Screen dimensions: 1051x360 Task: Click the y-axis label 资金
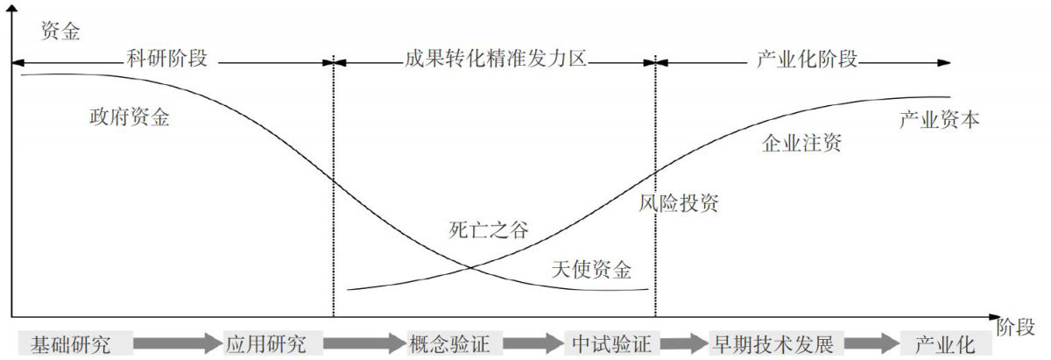pyautogui.click(x=60, y=32)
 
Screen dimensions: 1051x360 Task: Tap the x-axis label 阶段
pyautogui.click(x=1015, y=327)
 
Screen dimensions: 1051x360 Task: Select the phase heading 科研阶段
pyautogui.click(x=166, y=60)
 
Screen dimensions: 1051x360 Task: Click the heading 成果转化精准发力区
pyautogui.click(x=496, y=60)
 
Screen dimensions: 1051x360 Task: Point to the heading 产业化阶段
pyautogui.click(x=807, y=60)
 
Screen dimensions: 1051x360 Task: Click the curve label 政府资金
pyautogui.click(x=130, y=116)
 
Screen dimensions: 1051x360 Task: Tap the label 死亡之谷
pyautogui.click(x=489, y=229)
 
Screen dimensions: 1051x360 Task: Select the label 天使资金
pyautogui.click(x=591, y=270)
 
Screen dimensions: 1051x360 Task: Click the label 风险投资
pyautogui.click(x=679, y=203)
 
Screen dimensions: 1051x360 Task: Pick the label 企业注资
pyautogui.click(x=801, y=143)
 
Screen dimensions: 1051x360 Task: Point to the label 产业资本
pyautogui.click(x=939, y=120)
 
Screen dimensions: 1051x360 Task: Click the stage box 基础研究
pyautogui.click(x=75, y=343)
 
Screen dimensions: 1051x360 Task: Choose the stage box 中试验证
pyautogui.click(x=612, y=343)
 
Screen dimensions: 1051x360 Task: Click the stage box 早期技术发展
pyautogui.click(x=776, y=343)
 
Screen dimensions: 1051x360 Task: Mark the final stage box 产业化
pyautogui.click(x=946, y=343)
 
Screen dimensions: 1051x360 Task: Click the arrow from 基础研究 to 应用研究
pyautogui.click(x=177, y=343)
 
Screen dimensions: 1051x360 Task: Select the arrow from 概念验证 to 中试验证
pyautogui.click(x=533, y=343)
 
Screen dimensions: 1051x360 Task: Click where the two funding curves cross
pyautogui.click(x=470, y=268)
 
